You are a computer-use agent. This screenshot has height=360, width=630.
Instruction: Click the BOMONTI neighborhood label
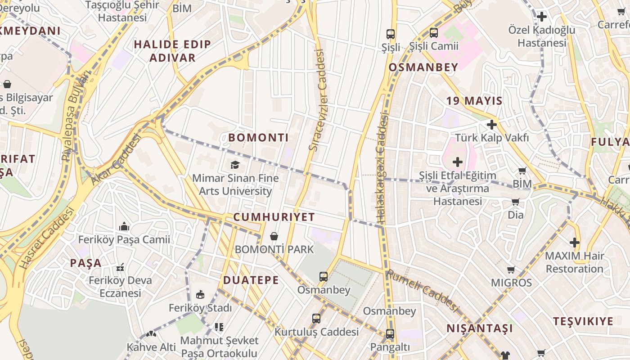[258, 138]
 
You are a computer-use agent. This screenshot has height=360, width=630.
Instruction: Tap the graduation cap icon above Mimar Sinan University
[234, 165]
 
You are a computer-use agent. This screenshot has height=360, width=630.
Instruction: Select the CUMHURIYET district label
[274, 217]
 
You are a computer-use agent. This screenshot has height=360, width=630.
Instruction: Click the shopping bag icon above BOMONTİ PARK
[274, 236]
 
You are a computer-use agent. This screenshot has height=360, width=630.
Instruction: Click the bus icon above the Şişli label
[390, 34]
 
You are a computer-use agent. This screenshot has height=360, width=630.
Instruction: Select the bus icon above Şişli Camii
[433, 32]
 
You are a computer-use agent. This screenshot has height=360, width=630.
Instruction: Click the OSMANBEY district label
[423, 67]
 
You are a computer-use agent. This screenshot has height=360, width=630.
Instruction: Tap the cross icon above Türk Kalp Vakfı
[491, 125]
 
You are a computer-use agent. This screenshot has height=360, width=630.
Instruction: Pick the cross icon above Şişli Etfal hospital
[457, 162]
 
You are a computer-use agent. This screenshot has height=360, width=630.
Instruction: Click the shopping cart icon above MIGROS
[511, 270]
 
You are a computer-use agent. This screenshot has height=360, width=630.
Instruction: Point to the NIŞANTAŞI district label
[479, 328]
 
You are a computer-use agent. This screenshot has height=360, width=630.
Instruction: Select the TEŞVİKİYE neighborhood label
[583, 321]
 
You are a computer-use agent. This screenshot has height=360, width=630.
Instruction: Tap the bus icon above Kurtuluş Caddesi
[316, 319]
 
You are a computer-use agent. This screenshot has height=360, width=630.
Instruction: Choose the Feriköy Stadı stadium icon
[200, 295]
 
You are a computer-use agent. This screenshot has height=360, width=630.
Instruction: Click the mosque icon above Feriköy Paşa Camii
[124, 226]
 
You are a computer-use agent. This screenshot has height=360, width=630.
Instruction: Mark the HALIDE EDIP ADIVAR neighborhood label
[172, 51]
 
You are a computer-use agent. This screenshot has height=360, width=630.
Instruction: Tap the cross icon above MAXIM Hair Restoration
[574, 243]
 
